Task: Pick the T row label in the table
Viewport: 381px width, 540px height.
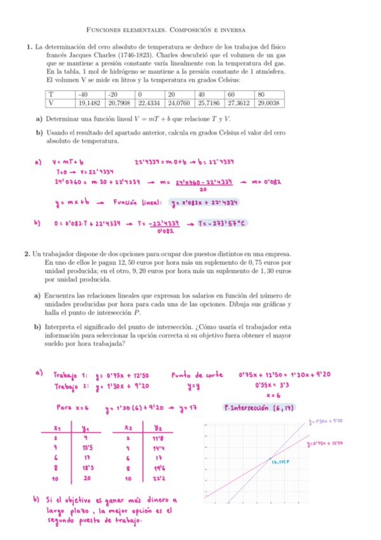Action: pos(50,94)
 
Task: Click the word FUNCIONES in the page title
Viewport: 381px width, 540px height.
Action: pos(106,30)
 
